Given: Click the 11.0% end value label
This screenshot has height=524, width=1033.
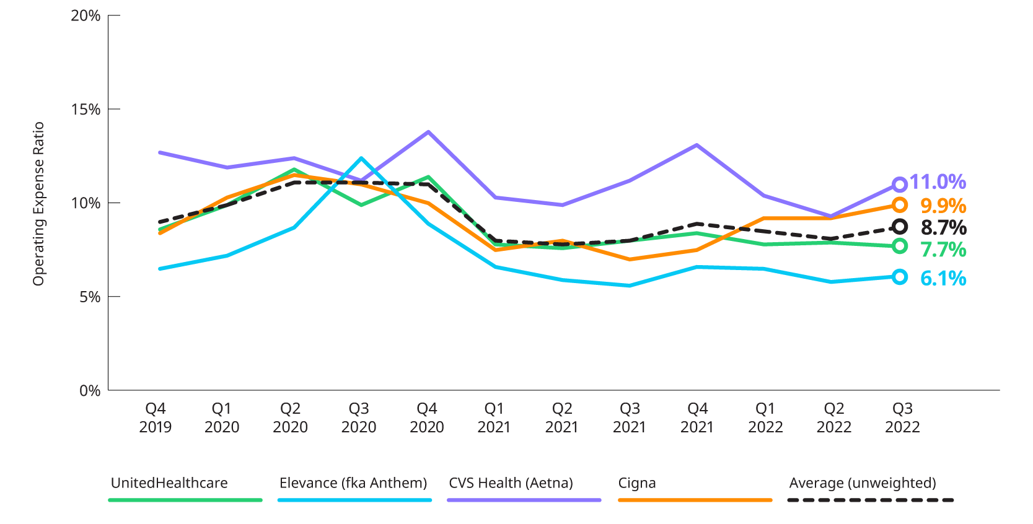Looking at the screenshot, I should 938,182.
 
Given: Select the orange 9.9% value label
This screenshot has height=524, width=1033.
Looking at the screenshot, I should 943,205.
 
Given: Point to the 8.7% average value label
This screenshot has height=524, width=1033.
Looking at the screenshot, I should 943,227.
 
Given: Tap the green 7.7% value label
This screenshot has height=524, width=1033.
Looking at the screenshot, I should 943,250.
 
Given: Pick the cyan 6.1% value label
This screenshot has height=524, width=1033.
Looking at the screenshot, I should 943,278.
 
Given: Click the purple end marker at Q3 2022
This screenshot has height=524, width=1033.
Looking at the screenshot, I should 900,184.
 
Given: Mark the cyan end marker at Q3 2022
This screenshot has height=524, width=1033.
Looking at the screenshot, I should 900,277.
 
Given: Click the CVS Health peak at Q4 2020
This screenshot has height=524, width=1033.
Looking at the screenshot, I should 428,131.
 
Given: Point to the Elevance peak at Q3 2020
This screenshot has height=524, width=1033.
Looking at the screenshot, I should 361,158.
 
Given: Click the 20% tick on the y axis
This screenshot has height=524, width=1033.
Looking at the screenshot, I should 86,15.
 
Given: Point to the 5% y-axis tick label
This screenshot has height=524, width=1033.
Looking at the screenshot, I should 89,297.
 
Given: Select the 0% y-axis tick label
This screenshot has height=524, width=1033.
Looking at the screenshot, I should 89,391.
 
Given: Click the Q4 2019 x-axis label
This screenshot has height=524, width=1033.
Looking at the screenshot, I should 155,417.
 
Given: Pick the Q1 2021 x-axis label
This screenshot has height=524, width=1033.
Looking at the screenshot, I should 494,417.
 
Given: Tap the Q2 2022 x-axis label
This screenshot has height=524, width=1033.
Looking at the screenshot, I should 833,417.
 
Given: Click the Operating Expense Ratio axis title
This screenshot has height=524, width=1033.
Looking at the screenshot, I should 38,204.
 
